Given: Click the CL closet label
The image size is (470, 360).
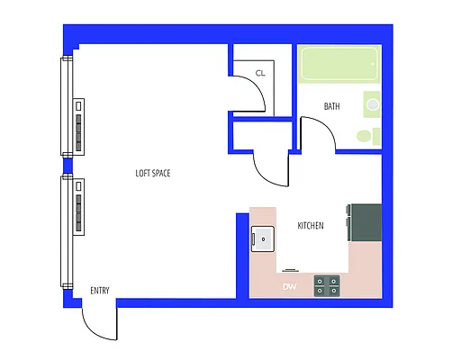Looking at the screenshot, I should [260, 73].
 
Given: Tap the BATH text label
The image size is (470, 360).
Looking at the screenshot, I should [332, 106].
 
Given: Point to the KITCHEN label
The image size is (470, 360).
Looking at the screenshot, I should [311, 225].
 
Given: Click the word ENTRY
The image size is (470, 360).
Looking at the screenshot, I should [100, 291].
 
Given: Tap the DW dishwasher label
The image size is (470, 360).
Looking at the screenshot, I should [290, 287].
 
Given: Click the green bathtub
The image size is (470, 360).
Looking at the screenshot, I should [339, 65].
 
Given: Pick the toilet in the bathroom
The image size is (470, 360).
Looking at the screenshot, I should [366, 137].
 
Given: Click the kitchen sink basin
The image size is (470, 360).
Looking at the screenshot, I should [264, 238].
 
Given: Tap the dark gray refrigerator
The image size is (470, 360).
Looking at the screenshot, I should [366, 222].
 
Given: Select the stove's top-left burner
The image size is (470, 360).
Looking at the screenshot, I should [321, 281].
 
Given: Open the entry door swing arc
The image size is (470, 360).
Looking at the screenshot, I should [98, 324].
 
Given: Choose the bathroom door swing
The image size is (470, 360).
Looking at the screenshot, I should [317, 135].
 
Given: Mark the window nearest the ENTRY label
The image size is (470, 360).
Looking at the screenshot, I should [66, 231].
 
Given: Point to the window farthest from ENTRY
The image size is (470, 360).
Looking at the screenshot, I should [66, 105].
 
